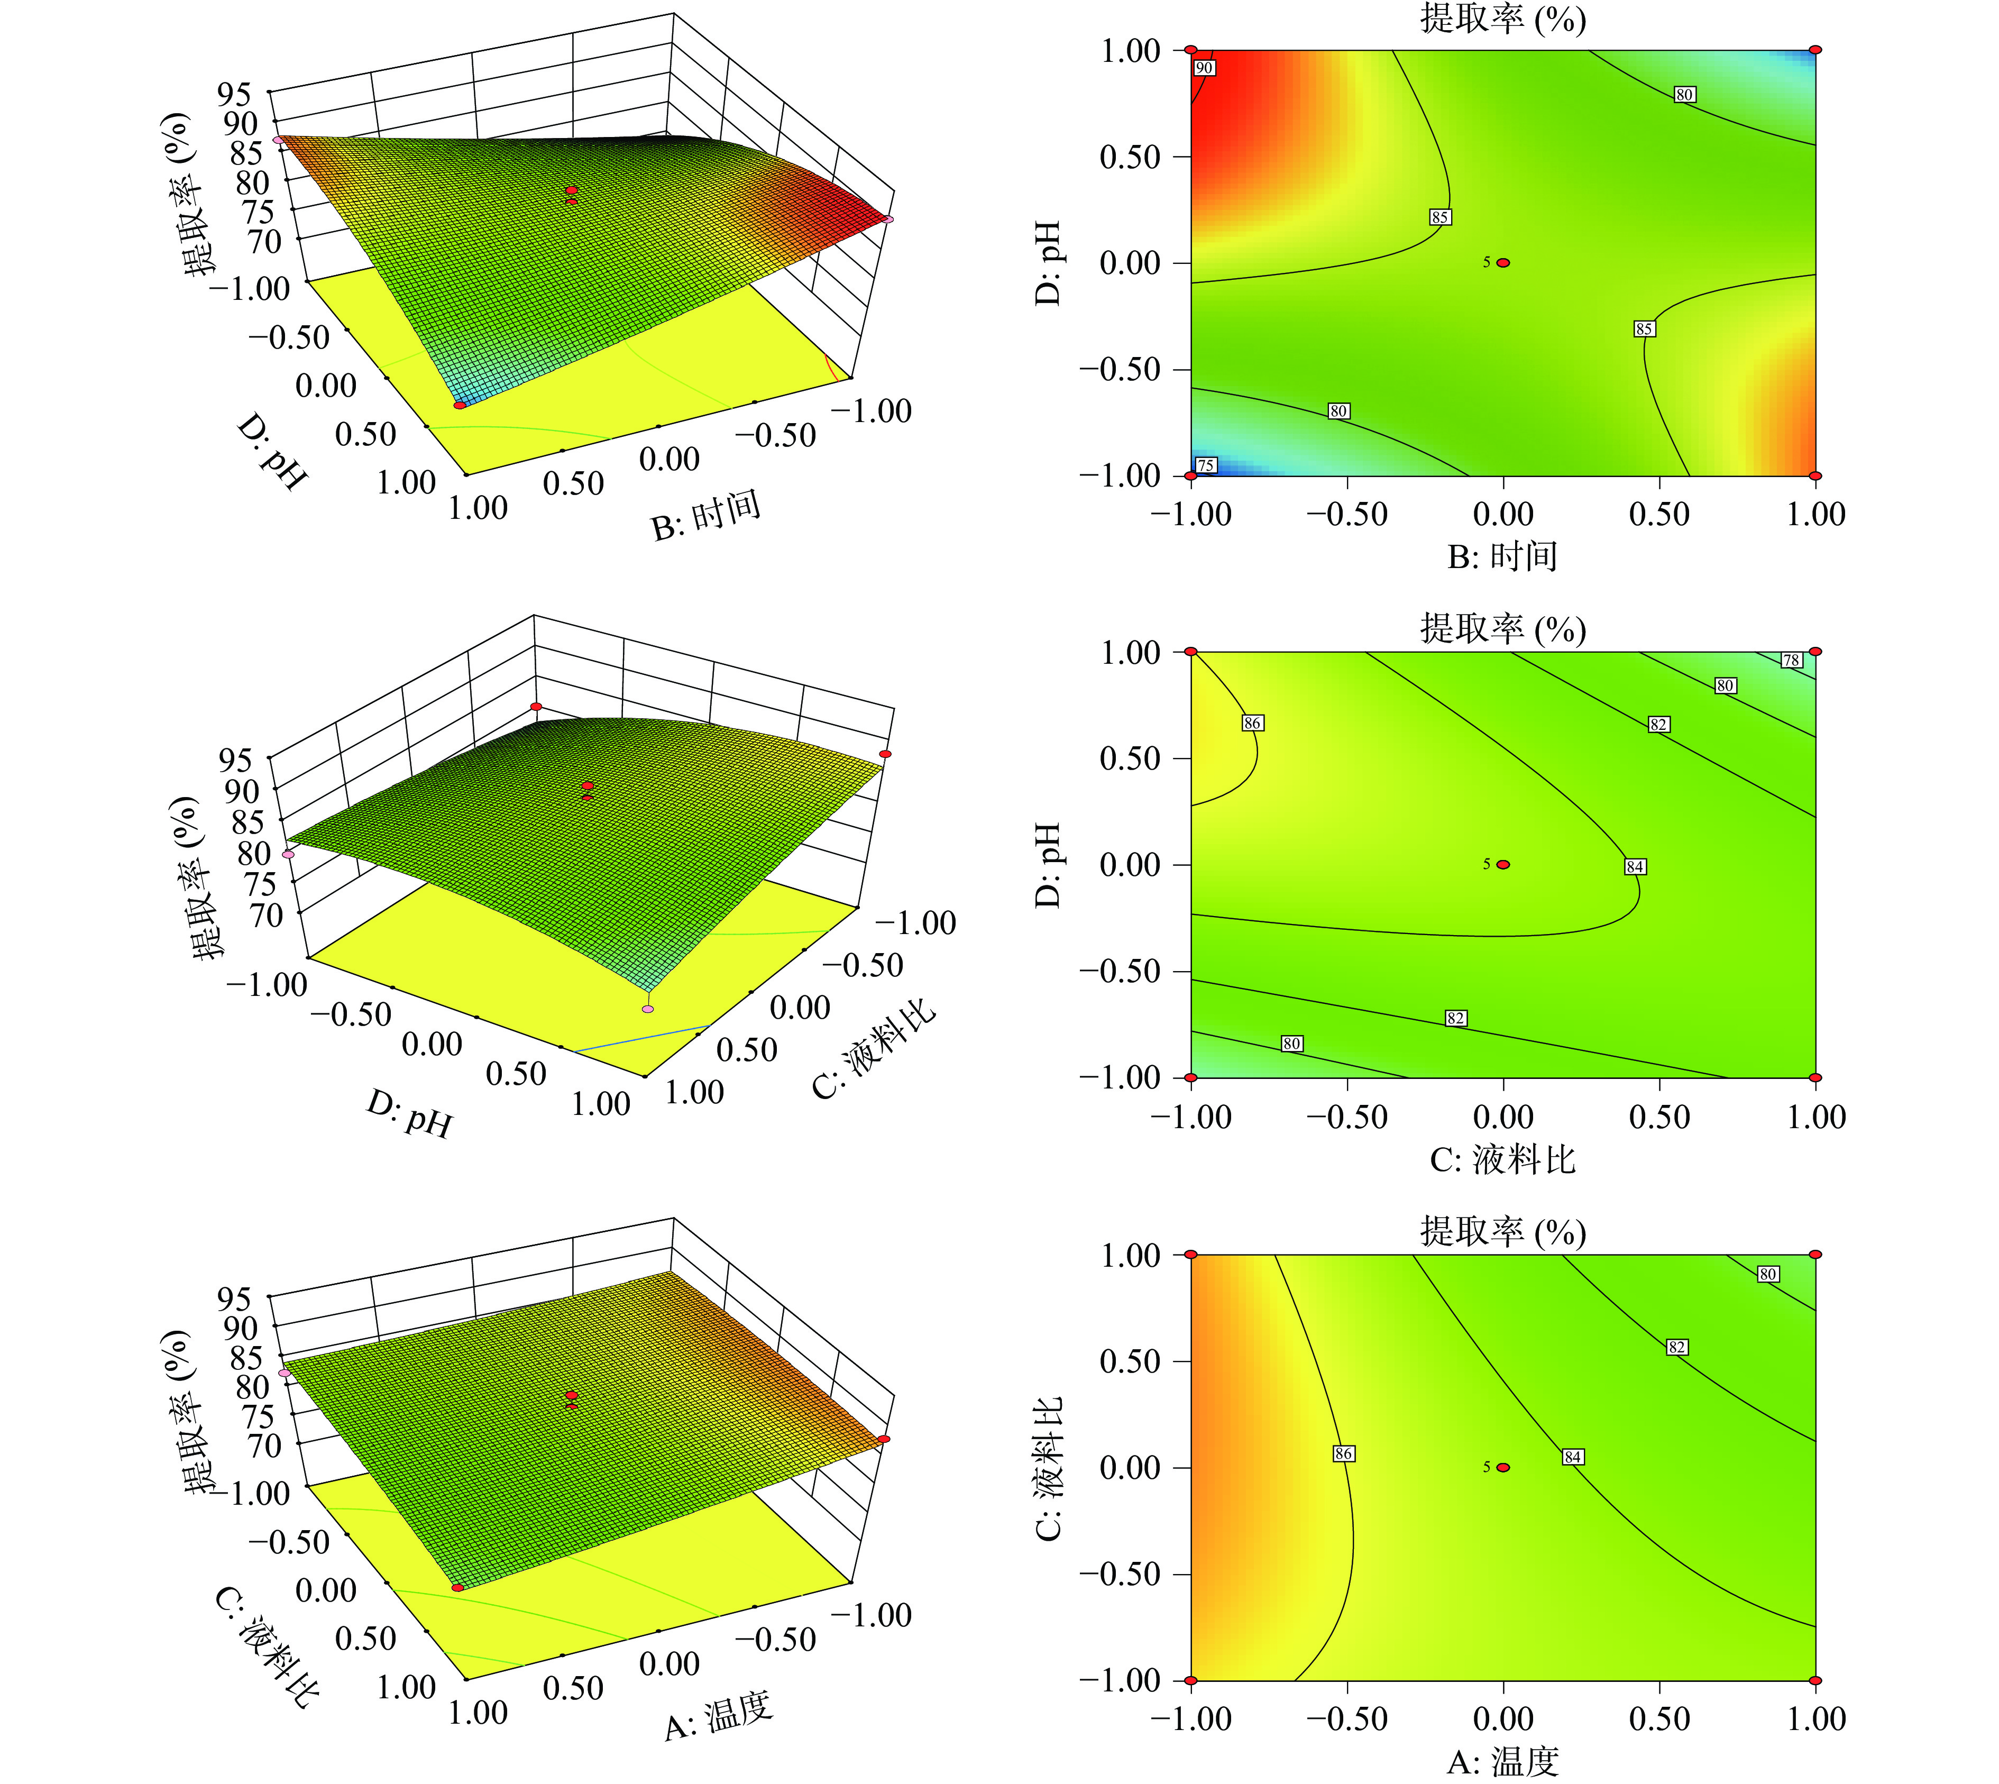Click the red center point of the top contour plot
pos(1503,263)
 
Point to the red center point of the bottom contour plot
pos(1503,1467)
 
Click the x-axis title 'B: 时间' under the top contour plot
pos(1502,557)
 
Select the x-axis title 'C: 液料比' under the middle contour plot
pos(1502,1159)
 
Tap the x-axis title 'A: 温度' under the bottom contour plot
pos(1502,1762)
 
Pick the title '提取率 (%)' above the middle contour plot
pos(1502,628)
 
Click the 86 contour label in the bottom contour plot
pos(1343,1453)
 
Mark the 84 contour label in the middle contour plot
pos(1635,866)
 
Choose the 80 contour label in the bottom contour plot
pos(1768,1274)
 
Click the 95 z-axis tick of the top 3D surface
pos(235,94)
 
